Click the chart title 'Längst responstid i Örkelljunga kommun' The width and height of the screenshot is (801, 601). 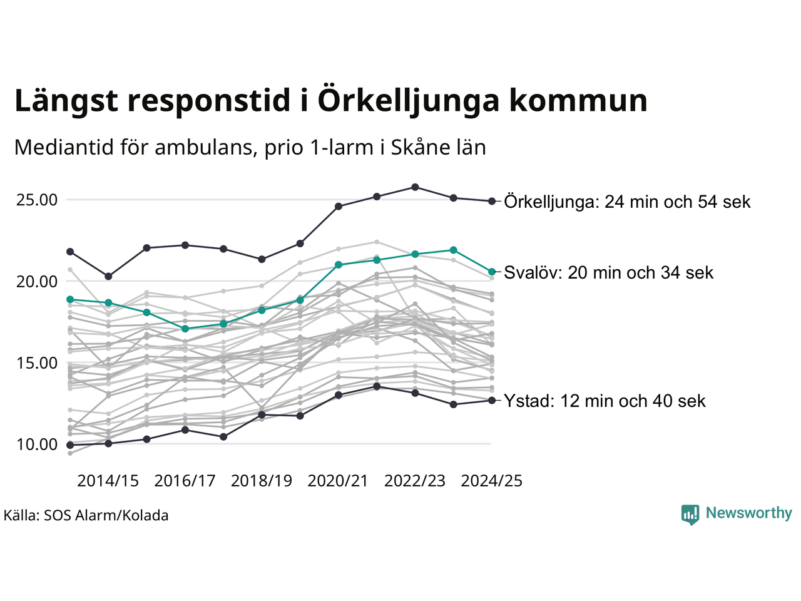(330, 101)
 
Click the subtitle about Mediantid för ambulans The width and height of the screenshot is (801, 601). (250, 147)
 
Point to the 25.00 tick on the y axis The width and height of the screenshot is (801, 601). (37, 200)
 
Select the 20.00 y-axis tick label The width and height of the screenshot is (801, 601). (37, 282)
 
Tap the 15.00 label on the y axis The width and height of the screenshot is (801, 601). (37, 363)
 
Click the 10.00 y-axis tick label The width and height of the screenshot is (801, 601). (37, 444)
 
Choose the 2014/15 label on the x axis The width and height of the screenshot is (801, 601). (108, 481)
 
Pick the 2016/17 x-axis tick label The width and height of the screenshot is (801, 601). (185, 481)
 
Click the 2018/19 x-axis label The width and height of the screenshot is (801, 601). (262, 481)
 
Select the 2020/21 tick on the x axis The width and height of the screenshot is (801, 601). (338, 481)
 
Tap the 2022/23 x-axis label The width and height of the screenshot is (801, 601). (415, 481)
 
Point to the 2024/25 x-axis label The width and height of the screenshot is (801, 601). (492, 481)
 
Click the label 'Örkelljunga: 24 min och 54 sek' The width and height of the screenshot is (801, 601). (627, 202)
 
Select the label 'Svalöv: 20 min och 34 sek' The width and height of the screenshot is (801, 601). (608, 272)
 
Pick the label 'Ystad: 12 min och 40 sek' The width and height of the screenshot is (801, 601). (605, 401)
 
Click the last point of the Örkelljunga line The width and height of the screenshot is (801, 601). (492, 201)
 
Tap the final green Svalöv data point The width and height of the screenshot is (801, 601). (492, 272)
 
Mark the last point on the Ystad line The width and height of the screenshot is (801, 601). (492, 400)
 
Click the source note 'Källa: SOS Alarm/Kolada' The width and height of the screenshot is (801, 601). (86, 516)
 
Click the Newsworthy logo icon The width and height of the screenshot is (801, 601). (690, 514)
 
